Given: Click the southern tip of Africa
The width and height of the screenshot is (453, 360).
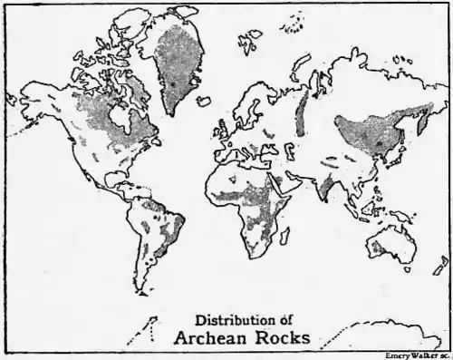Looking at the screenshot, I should coord(255,254).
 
